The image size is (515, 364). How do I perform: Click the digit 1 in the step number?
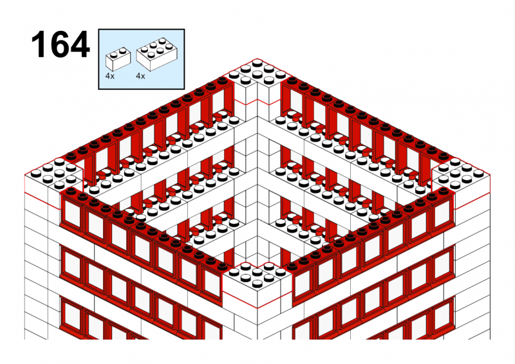[x=39, y=44]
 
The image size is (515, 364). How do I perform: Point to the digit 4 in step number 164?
[x=79, y=44]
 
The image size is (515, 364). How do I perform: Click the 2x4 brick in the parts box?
[x=157, y=54]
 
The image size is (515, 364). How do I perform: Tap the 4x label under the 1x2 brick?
[x=109, y=76]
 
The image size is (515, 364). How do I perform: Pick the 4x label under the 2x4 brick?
[x=140, y=76]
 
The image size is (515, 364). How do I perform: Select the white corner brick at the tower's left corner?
[x=53, y=184]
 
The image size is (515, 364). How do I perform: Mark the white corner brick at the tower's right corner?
[x=461, y=184]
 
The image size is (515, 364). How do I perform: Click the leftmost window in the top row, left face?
[x=71, y=211]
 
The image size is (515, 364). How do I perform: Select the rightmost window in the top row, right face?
[x=443, y=211]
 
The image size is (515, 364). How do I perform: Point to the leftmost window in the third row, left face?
[x=71, y=314]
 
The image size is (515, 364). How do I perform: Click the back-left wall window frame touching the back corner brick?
[x=223, y=102]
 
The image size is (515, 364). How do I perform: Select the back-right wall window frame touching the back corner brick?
[x=292, y=102]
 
